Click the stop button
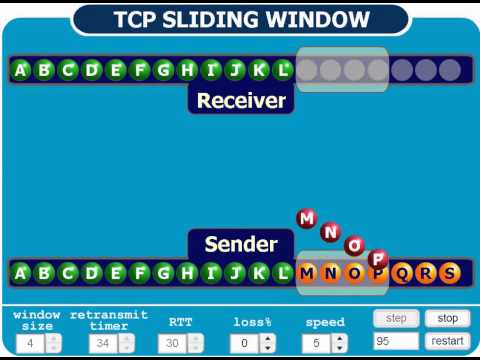(x=447, y=318)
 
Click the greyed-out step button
(x=396, y=318)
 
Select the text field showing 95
(x=396, y=341)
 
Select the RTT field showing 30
(x=172, y=343)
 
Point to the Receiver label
(x=241, y=100)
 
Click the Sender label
(x=240, y=244)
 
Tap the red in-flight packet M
(x=307, y=219)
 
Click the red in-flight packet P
(x=378, y=259)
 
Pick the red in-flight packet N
(x=331, y=232)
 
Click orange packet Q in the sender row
(x=402, y=272)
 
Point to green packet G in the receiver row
(x=164, y=70)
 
